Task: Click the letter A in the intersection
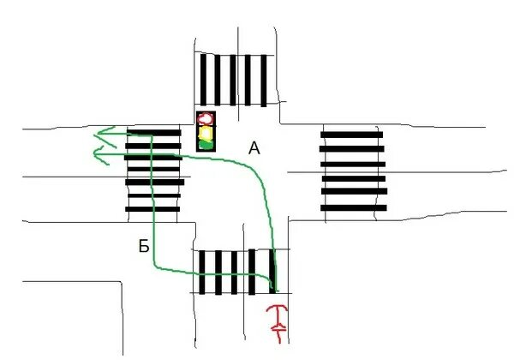[x=254, y=148]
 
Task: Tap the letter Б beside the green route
[x=144, y=247]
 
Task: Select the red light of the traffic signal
[x=206, y=119]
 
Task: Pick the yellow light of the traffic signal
[x=206, y=132]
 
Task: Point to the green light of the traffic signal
[x=206, y=144]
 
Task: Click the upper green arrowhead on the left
[x=104, y=133]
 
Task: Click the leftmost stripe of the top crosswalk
[x=203, y=81]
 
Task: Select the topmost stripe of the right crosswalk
[x=351, y=134]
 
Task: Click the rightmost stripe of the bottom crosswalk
[x=274, y=273]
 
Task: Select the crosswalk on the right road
[x=352, y=170]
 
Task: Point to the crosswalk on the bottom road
[x=238, y=273]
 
